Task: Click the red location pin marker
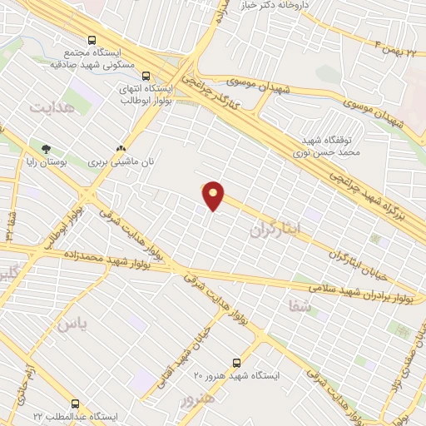214,195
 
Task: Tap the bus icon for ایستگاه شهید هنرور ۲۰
237,363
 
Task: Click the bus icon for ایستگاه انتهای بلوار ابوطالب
146,74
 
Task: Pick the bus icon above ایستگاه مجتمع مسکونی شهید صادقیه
91,39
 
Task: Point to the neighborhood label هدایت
52,108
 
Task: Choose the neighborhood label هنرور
198,399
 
